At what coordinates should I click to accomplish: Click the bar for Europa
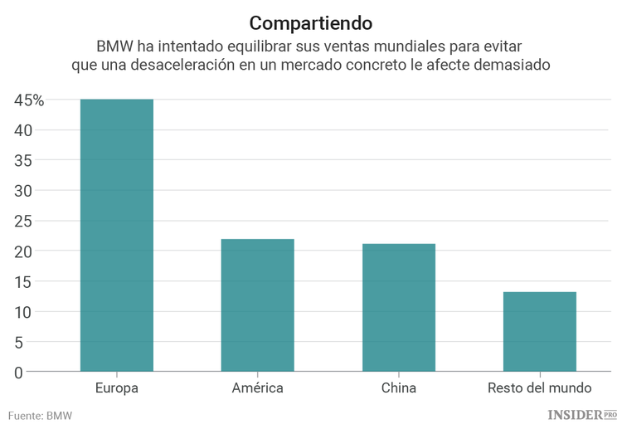click(116, 236)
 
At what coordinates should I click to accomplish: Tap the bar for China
click(398, 308)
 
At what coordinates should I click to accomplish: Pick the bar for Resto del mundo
click(539, 332)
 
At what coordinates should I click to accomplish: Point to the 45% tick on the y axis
click(28, 100)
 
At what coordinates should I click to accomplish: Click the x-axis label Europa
click(116, 388)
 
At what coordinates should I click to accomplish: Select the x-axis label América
click(257, 388)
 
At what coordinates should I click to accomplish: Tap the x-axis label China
click(398, 388)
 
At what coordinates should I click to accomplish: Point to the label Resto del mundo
click(539, 388)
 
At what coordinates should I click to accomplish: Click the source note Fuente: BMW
click(40, 414)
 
